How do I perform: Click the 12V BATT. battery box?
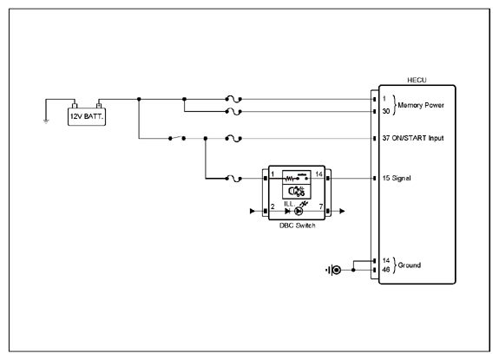[x=87, y=117]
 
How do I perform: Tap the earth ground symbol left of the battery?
[x=46, y=121]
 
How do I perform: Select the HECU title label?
[x=417, y=80]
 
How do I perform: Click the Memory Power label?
[x=421, y=105]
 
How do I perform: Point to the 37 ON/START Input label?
[x=413, y=138]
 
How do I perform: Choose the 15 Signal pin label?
[x=397, y=178]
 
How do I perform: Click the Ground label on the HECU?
[x=410, y=265]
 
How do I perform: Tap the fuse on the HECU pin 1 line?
[x=233, y=99]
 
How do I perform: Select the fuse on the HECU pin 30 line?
[x=233, y=112]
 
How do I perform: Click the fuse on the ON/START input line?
[x=233, y=138]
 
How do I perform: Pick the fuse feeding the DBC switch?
[x=233, y=179]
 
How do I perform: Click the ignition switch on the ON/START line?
[x=177, y=138]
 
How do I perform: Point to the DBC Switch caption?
[x=298, y=226]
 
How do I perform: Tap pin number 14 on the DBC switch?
[x=318, y=174]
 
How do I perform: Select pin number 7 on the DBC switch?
[x=321, y=206]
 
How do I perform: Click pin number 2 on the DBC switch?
[x=272, y=206]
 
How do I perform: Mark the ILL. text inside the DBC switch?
[x=289, y=204]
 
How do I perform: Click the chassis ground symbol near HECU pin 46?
[x=333, y=270]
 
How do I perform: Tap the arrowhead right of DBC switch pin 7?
[x=342, y=211]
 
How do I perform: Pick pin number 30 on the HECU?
[x=386, y=111]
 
